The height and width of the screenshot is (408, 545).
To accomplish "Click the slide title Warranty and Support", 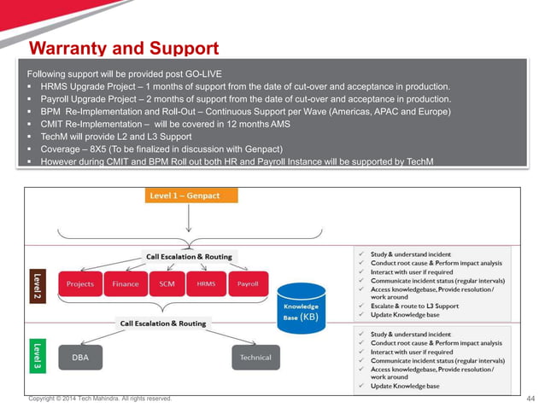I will click(x=124, y=48).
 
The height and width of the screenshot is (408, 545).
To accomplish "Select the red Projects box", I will click(x=80, y=283).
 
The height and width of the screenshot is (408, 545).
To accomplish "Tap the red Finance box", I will click(x=126, y=283).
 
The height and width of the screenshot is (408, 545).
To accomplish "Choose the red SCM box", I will click(x=167, y=283).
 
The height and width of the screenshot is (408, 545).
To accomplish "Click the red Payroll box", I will click(x=248, y=283).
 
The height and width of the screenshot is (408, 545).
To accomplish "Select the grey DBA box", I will click(x=80, y=358).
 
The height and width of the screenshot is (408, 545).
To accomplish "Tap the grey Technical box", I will click(x=255, y=358).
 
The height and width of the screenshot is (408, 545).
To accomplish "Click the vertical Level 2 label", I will click(x=36, y=283).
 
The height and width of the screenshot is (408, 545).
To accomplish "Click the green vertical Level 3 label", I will click(x=36, y=355).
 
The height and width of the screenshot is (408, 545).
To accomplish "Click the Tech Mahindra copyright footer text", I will click(x=100, y=399).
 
